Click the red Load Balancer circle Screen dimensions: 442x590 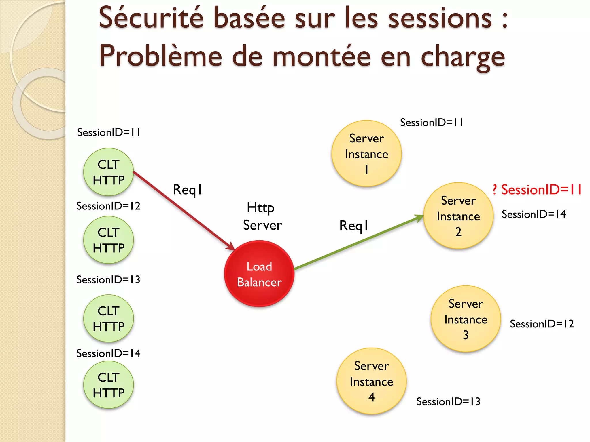(x=259, y=274)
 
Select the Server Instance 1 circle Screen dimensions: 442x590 (x=366, y=153)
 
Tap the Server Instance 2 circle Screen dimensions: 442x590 (x=458, y=216)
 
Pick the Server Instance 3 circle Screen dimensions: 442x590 (x=466, y=319)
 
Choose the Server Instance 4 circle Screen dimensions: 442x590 (x=371, y=381)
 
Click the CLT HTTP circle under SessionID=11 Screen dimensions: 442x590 (x=109, y=172)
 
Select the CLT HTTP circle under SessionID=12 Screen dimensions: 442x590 (x=109, y=240)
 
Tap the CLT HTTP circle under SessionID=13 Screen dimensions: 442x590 (x=109, y=319)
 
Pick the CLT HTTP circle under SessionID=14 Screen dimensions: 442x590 (x=109, y=385)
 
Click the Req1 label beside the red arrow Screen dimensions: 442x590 (x=187, y=190)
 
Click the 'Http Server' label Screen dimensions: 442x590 (x=262, y=216)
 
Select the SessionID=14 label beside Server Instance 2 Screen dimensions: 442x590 (x=534, y=214)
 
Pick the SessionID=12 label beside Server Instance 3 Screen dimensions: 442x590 (x=542, y=324)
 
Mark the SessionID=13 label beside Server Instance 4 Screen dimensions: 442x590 (x=448, y=402)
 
